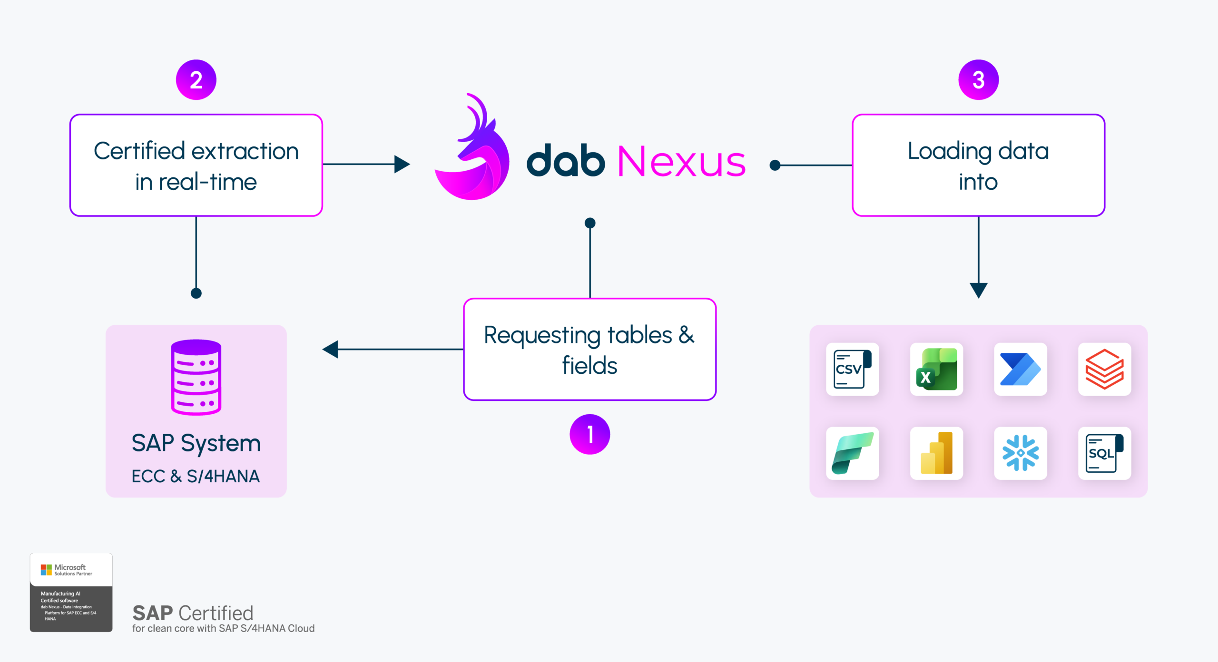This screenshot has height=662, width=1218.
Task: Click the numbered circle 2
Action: (x=196, y=79)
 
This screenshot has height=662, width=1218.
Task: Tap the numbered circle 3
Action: (x=978, y=79)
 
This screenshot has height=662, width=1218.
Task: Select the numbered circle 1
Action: (x=589, y=434)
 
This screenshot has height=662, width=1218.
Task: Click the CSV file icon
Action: (x=853, y=369)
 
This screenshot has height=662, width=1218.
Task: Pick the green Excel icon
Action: (x=936, y=369)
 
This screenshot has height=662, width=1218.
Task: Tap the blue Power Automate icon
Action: (x=1021, y=369)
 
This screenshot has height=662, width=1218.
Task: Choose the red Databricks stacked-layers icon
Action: (x=1104, y=369)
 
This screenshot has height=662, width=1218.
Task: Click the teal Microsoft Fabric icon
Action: (x=853, y=453)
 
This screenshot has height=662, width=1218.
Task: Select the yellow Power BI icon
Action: (x=936, y=453)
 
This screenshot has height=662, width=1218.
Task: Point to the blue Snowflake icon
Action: (x=1021, y=453)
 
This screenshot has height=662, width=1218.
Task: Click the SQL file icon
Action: (x=1104, y=453)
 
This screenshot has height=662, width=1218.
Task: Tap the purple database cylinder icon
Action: (x=196, y=377)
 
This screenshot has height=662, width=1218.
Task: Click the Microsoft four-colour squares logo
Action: (x=46, y=570)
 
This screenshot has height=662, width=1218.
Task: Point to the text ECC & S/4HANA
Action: (x=196, y=476)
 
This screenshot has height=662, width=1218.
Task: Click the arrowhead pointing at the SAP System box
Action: (x=330, y=349)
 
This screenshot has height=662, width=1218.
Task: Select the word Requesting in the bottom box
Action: (x=538, y=336)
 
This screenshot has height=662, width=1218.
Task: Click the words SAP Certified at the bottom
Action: (x=193, y=613)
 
